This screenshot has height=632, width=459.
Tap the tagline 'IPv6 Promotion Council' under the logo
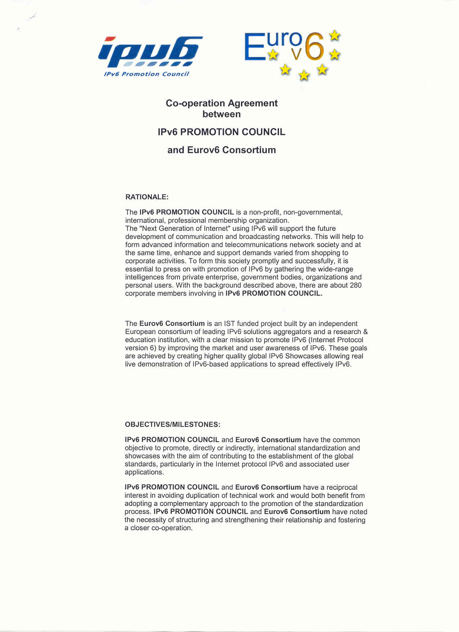pyautogui.click(x=146, y=74)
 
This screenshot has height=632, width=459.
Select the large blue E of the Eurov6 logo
pyautogui.click(x=254, y=46)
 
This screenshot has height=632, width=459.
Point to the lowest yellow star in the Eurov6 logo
pyautogui.click(x=304, y=76)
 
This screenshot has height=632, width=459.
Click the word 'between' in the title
pyautogui.click(x=221, y=114)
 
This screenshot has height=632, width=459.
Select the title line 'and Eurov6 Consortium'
pyautogui.click(x=221, y=150)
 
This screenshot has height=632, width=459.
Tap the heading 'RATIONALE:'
pyautogui.click(x=147, y=197)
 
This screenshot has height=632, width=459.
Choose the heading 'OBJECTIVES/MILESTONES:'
pyautogui.click(x=172, y=425)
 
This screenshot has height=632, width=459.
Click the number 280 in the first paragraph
pyautogui.click(x=356, y=285)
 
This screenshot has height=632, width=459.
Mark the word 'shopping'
pyautogui.click(x=324, y=253)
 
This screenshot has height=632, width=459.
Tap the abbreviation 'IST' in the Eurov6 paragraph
pyautogui.click(x=229, y=324)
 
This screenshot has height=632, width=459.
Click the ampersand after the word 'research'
pyautogui.click(x=365, y=332)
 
